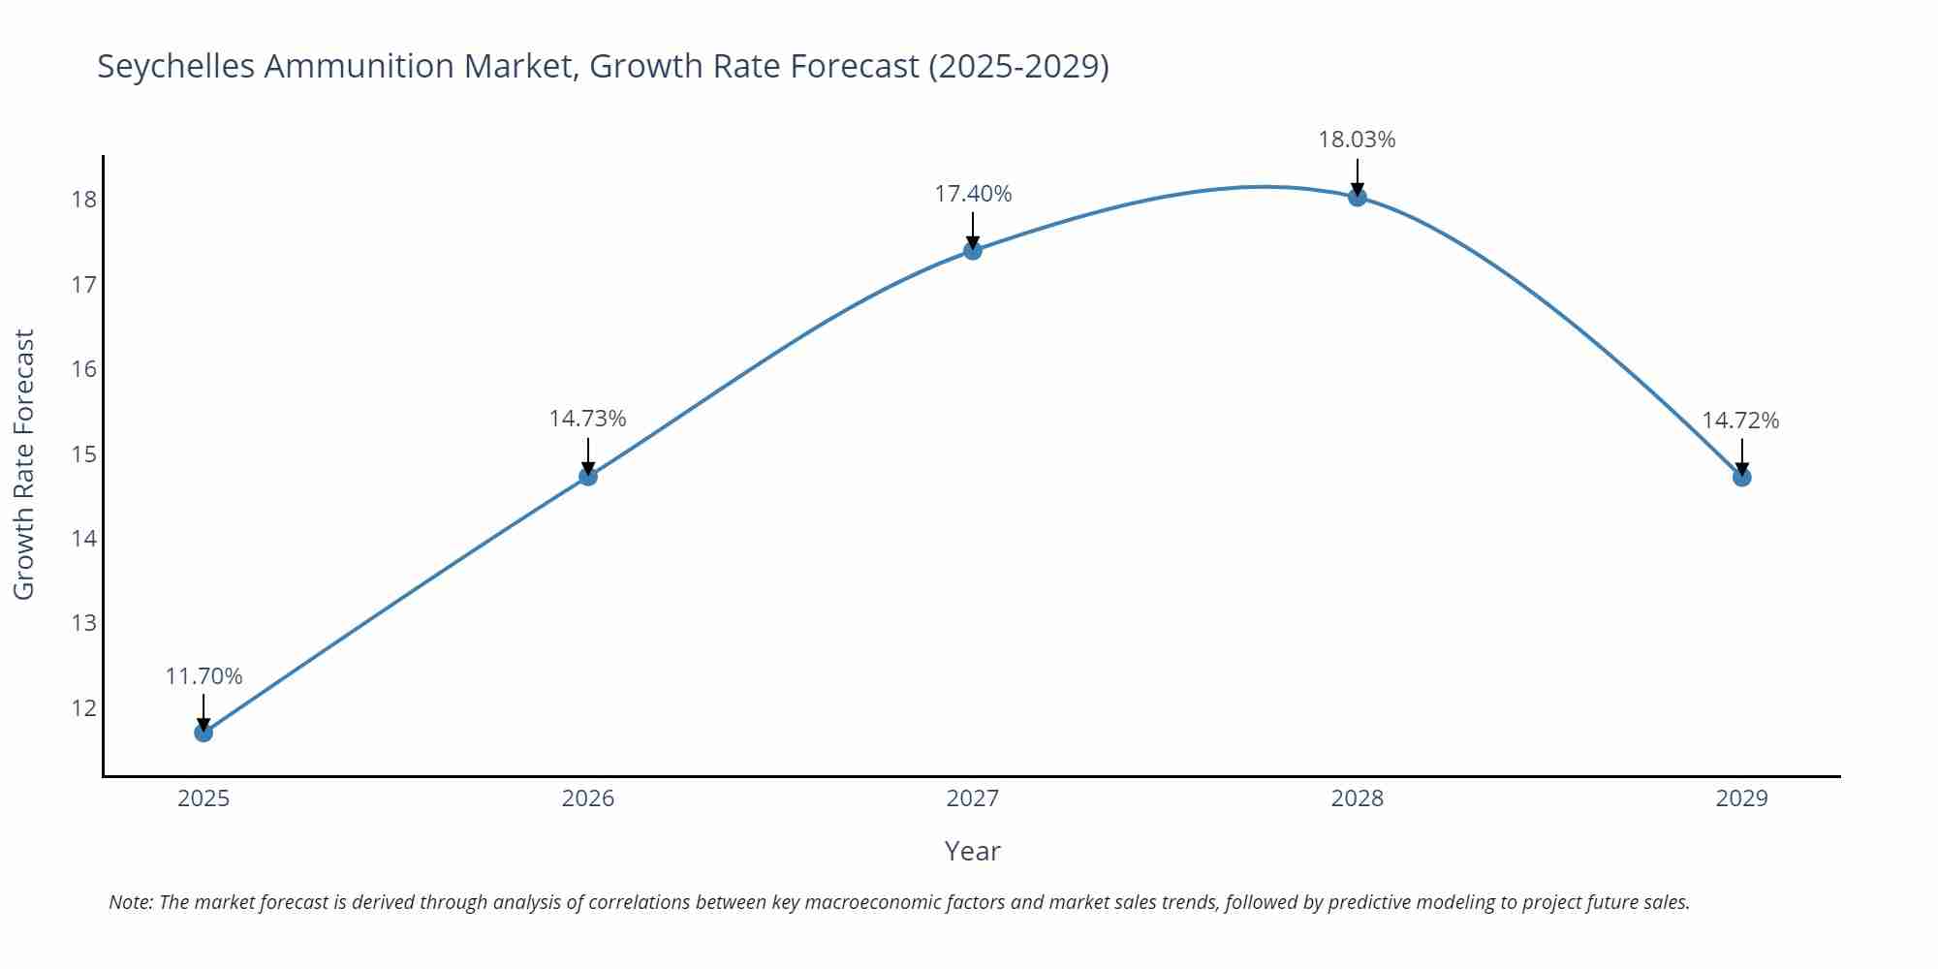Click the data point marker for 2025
click(x=203, y=733)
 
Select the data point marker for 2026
click(x=588, y=477)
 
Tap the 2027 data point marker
click(x=973, y=251)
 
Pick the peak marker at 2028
click(x=1358, y=198)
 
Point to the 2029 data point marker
click(x=1741, y=478)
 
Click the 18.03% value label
click(x=1357, y=140)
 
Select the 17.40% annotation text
click(x=973, y=194)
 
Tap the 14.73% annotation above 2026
click(x=588, y=419)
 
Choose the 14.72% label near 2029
click(x=1740, y=421)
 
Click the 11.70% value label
click(x=203, y=676)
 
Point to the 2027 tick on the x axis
click(x=973, y=798)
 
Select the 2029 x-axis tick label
click(x=1741, y=798)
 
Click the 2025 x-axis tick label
click(x=203, y=798)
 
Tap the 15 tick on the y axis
click(x=84, y=453)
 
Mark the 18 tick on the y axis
click(x=84, y=200)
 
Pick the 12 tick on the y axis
click(x=84, y=707)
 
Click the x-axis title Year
click(x=972, y=851)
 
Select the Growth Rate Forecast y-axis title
click(x=24, y=464)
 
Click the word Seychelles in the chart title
click(x=175, y=67)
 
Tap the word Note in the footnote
click(x=130, y=902)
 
